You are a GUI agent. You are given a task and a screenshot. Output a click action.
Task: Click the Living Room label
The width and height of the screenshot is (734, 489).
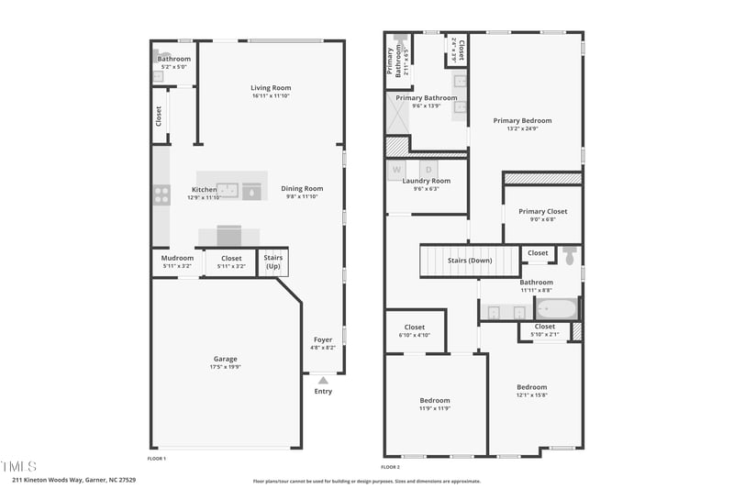pos(271,88)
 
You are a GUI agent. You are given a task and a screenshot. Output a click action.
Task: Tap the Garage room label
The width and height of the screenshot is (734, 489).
pos(226,359)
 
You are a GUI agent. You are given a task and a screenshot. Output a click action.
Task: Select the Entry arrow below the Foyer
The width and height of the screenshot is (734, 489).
pos(322,379)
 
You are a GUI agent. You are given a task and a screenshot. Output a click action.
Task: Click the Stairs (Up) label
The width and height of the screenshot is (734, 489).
pos(272,261)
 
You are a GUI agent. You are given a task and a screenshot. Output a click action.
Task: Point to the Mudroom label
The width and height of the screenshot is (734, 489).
pos(177,258)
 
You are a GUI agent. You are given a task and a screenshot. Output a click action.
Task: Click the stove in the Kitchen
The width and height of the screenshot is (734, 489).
pos(161,194)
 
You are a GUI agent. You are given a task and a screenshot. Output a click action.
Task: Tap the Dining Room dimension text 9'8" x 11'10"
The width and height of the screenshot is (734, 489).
pos(302,196)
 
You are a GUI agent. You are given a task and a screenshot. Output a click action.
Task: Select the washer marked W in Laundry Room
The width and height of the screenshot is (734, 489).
pos(397,170)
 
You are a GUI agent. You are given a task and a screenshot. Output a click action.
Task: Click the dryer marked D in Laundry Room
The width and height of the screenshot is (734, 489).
pos(428,170)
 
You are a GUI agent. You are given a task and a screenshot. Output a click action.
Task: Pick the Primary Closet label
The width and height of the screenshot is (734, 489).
pos(543,211)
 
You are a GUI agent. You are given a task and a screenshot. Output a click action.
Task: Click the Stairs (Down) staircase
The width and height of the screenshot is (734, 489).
pos(469,261)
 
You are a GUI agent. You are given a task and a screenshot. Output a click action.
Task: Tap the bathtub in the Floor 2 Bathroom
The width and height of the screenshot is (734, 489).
pos(555,309)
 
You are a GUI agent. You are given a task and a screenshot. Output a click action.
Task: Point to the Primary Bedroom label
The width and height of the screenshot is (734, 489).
pos(522,120)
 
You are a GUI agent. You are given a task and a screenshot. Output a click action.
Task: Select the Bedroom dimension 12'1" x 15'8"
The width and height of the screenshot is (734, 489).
pos(531,395)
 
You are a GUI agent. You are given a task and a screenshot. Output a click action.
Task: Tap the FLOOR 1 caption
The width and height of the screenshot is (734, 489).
pos(157,458)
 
